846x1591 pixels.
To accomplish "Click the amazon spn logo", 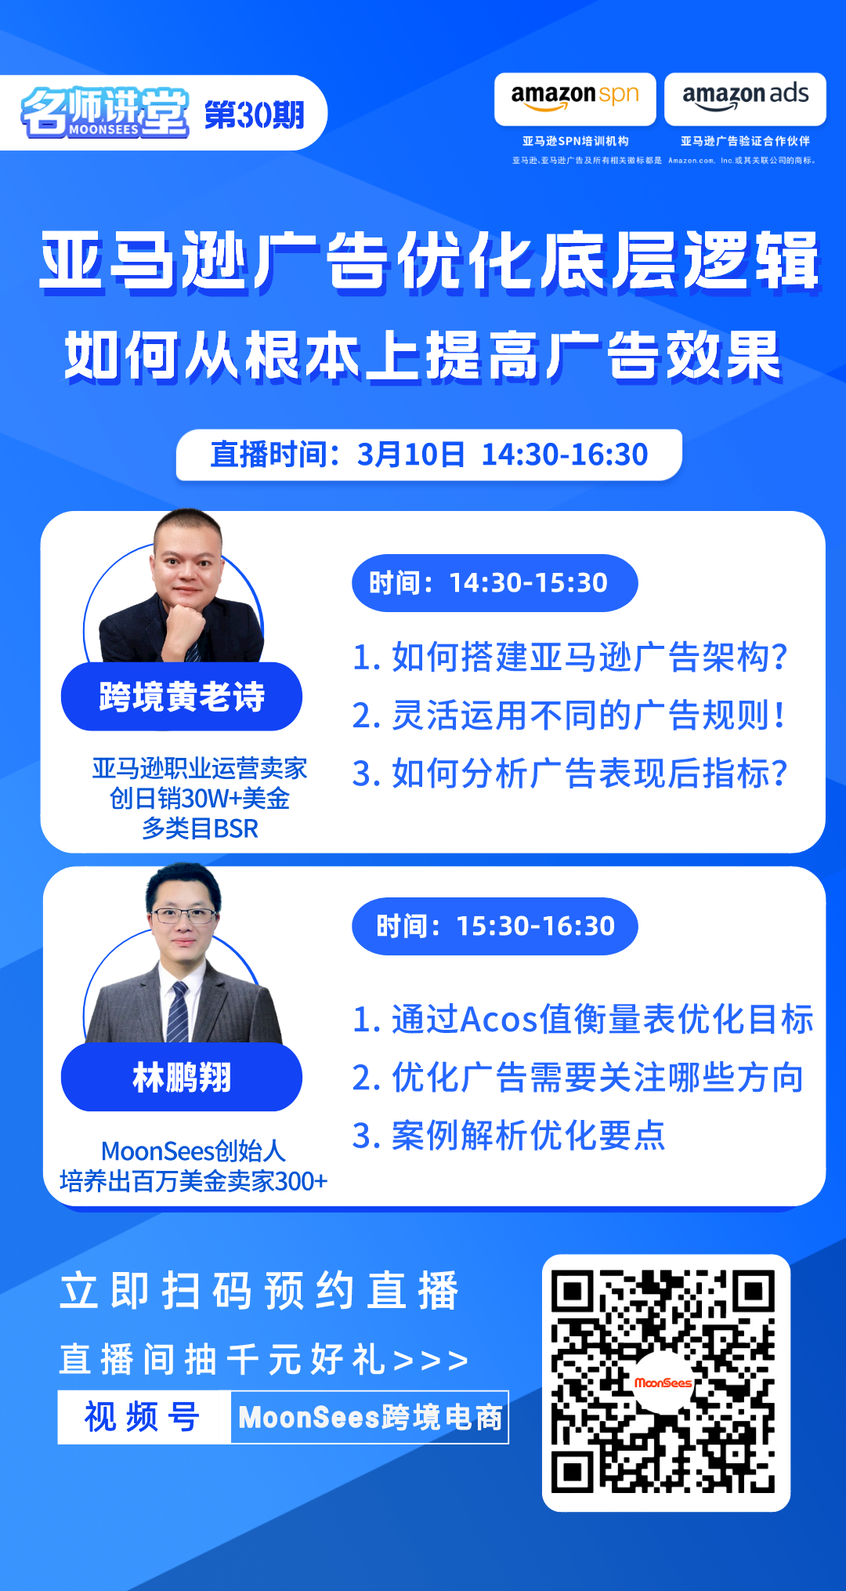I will [575, 99].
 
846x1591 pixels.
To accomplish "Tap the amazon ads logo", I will [745, 99].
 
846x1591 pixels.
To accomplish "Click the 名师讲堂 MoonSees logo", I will [104, 113].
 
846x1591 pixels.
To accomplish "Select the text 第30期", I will [255, 115].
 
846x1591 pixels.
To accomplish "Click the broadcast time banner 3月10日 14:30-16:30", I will [428, 455].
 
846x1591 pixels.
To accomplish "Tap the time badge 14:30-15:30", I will [494, 583].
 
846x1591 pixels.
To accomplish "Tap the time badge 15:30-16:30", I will [494, 926].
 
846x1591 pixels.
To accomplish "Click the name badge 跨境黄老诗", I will [182, 697].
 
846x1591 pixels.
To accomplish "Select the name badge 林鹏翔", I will [182, 1078].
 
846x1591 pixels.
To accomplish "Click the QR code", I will [666, 1383].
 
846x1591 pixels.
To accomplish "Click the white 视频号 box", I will [143, 1417].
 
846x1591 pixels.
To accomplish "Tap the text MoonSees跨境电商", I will [370, 1417].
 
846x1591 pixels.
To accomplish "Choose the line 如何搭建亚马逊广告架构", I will [569, 657].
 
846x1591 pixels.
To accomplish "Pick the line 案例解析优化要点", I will [509, 1136].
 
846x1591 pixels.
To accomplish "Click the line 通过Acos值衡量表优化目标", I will [583, 1020].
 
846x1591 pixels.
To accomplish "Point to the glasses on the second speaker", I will [183, 915].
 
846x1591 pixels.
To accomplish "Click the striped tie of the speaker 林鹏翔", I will [179, 1011].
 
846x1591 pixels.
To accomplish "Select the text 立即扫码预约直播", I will [258, 1291].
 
